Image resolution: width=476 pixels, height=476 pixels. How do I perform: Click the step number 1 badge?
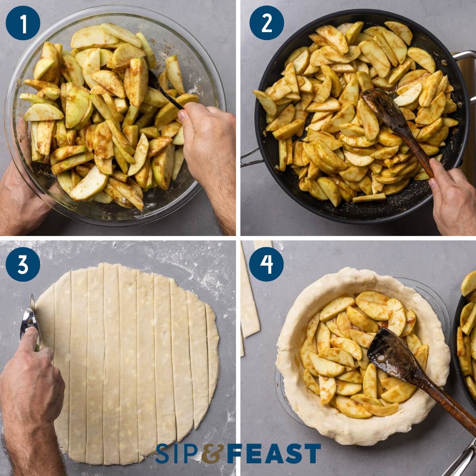(x=23, y=23)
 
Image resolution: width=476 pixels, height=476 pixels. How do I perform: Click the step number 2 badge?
(x=267, y=23)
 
